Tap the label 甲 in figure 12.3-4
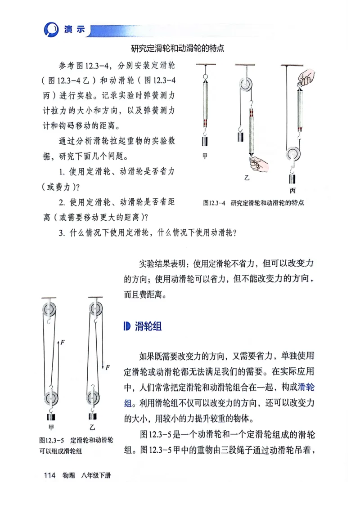click(x=205, y=156)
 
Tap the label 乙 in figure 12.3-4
click(x=246, y=178)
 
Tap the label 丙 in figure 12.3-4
click(x=292, y=190)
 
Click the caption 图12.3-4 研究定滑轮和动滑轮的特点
click(x=253, y=203)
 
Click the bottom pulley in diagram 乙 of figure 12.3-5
click(x=94, y=398)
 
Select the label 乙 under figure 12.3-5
click(x=92, y=427)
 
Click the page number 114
click(x=49, y=475)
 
